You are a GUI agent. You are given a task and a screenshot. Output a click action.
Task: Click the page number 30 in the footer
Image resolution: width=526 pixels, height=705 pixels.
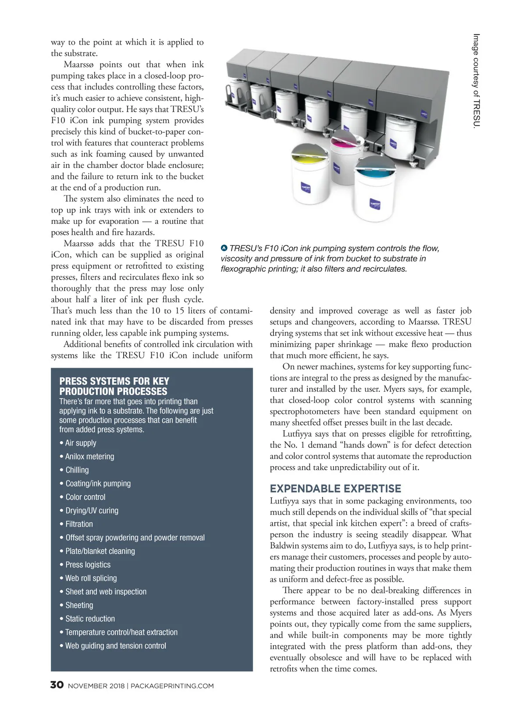[57, 685]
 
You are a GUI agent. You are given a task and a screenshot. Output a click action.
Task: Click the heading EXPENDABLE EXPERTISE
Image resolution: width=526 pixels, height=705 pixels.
[335, 489]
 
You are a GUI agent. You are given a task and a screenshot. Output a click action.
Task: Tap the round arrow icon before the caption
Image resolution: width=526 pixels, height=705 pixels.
[224, 248]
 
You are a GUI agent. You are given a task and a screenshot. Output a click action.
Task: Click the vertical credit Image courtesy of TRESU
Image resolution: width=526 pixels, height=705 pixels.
[476, 81]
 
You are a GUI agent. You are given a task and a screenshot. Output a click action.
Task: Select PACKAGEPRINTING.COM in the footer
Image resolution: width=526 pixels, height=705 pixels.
[172, 686]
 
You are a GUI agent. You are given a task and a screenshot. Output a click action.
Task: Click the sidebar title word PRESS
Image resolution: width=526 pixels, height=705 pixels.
[73, 381]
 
